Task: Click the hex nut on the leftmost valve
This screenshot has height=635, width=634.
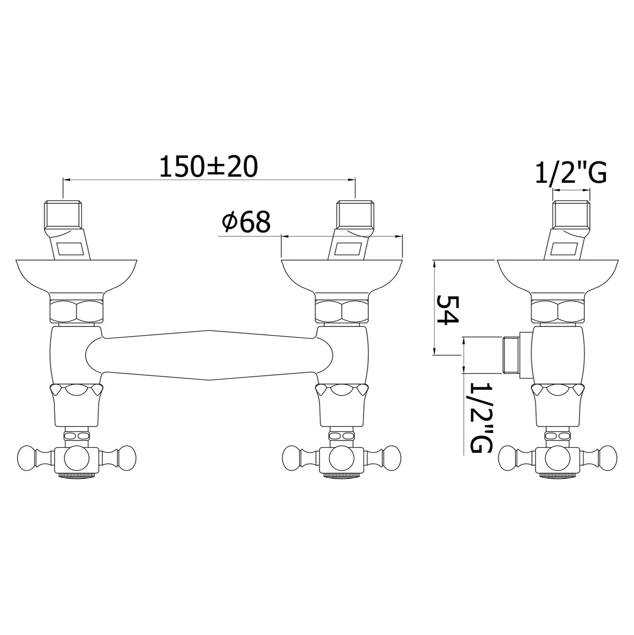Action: point(77,312)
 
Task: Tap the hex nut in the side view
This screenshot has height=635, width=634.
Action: point(558,312)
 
